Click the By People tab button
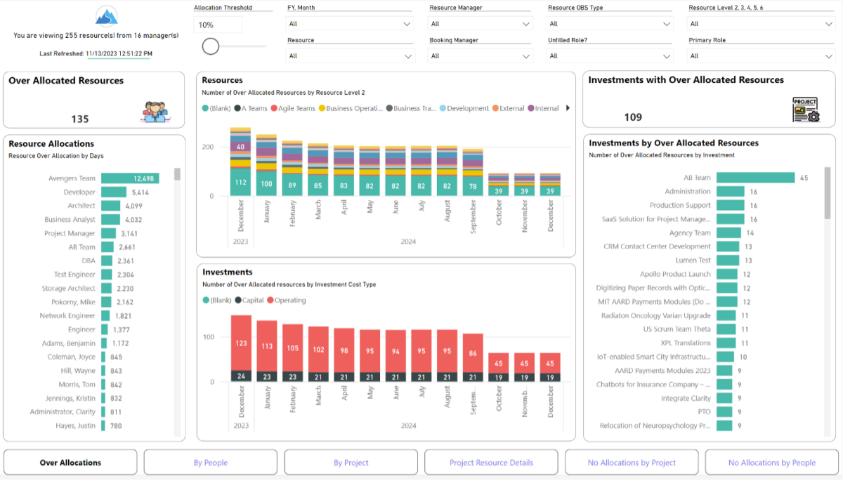210,463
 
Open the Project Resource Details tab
491,463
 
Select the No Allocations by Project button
632,463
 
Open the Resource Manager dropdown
480,24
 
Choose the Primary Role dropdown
760,56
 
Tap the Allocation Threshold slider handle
210,46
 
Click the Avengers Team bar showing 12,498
130,178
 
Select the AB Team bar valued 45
755,178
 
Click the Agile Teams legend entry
294,108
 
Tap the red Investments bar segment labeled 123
241,343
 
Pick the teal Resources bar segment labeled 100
266,184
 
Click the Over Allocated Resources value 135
80,119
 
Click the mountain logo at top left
107,16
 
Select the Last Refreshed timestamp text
119,53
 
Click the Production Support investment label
679,205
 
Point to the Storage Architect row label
68,289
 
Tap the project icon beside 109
805,110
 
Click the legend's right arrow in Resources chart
568,108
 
